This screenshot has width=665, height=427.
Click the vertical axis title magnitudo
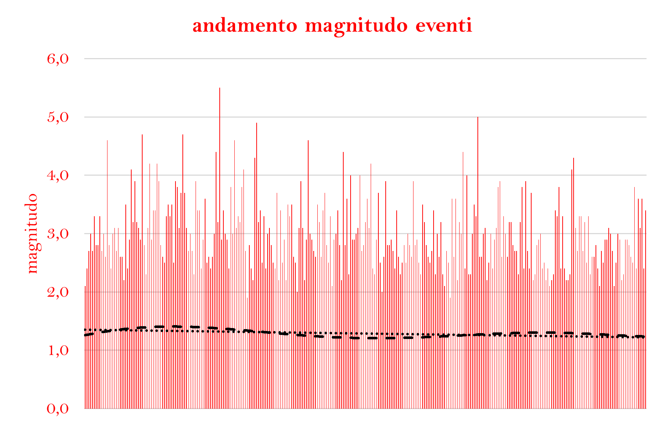(33, 233)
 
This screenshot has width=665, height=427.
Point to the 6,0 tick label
(58, 59)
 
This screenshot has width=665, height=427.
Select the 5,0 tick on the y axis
(58, 117)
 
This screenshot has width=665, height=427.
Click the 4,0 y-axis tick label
(58, 175)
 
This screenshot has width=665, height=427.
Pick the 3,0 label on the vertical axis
(58, 234)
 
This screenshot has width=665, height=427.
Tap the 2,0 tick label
(58, 292)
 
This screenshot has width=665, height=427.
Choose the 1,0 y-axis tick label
(58, 350)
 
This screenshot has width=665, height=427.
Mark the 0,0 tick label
(58, 409)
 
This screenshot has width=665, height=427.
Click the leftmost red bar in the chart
(85, 365)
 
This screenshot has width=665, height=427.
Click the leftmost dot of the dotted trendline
(85, 329)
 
